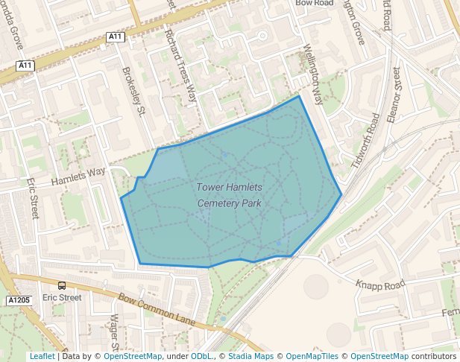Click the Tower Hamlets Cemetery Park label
[x=231, y=194]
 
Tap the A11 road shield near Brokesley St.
[x=115, y=36]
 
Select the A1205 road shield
[x=19, y=300]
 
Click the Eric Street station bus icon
[x=61, y=285]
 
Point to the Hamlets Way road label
[x=78, y=177]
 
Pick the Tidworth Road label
[x=365, y=141]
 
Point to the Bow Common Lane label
[x=157, y=310]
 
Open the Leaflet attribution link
[x=42, y=356]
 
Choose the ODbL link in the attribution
[x=201, y=356]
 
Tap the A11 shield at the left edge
[x=25, y=66]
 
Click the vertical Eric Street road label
[x=32, y=197]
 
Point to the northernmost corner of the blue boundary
[x=299, y=96]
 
